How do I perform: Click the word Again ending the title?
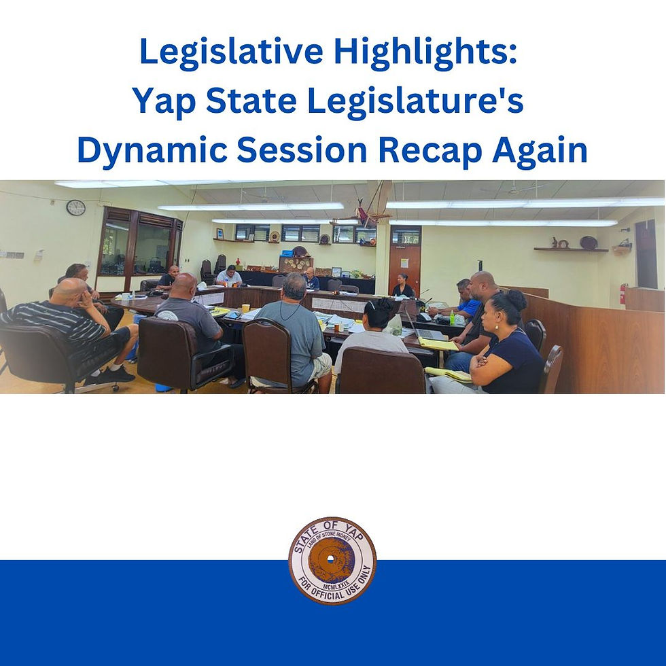pos(540,150)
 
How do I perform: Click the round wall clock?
pos(76,207)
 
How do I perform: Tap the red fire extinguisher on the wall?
pos(623,294)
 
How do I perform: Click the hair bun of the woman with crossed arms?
pos(517,299)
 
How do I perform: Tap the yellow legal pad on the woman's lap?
pos(448,373)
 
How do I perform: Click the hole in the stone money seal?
pos(331,559)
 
